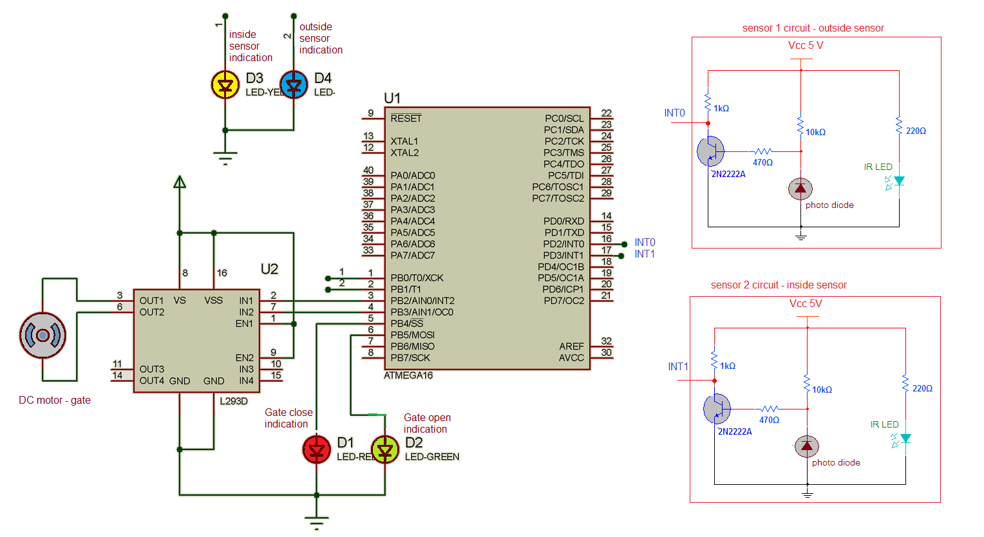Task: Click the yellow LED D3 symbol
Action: point(225,84)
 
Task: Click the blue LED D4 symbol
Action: point(294,84)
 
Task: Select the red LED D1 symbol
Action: point(316,449)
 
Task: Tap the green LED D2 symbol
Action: point(385,449)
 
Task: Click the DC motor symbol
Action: point(43,335)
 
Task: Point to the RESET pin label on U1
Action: point(406,118)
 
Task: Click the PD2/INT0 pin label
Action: point(563,244)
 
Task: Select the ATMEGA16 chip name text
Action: point(408,375)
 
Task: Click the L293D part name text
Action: point(234,401)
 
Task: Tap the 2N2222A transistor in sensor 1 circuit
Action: point(711,151)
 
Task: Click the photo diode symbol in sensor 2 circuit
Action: point(806,446)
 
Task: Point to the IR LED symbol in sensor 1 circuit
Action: point(898,182)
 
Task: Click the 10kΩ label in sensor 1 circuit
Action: point(815,132)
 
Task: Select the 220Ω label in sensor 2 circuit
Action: point(922,388)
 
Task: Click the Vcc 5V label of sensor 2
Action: point(806,303)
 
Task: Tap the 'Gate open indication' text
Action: point(426,423)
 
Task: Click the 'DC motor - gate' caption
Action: point(55,400)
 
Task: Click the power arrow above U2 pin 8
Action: point(180,182)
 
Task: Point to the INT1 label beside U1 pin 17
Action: point(645,254)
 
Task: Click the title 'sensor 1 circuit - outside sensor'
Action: point(813,28)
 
